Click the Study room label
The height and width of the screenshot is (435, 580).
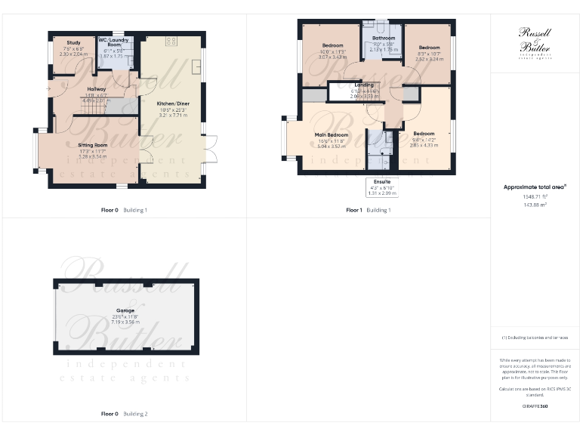coord(73,43)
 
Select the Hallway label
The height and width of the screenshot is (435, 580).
coord(96,89)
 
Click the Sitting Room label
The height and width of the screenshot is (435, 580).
coord(93,144)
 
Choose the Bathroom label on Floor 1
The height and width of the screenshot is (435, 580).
coord(384,38)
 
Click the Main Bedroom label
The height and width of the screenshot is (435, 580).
coord(332,134)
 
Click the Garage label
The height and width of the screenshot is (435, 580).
coord(125,310)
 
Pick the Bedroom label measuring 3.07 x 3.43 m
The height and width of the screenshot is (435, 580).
coord(332,45)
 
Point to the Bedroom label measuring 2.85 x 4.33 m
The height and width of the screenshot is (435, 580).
coord(423,133)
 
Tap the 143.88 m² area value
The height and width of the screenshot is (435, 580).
coord(534,203)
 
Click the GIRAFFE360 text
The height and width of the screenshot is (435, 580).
coord(535,407)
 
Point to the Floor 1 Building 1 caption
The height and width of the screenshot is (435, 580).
coord(368,209)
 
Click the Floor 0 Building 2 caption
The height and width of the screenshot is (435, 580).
coord(124,414)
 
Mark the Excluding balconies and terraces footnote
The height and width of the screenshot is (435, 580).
coord(535,337)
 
